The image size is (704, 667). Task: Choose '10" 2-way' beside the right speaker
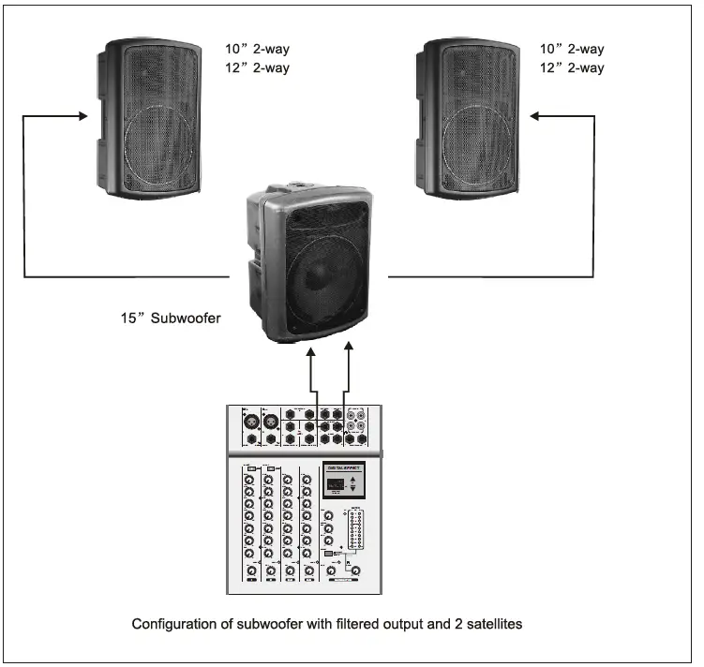(572, 49)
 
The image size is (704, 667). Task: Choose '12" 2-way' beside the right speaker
(572, 67)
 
